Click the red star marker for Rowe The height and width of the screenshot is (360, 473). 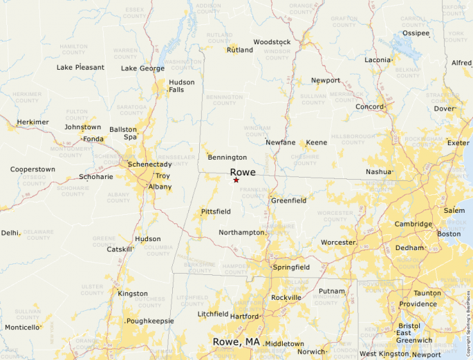236,180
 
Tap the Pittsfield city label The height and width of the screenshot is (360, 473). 215,211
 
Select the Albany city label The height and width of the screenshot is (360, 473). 160,187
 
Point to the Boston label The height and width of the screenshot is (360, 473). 449,234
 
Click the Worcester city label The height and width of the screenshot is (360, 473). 338,243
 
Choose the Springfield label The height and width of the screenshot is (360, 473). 291,267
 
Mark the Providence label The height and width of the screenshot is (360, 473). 418,304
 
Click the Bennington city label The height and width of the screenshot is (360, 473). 227,158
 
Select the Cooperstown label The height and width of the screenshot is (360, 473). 33,169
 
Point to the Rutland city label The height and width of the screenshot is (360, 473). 240,50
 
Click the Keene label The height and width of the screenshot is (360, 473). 316,142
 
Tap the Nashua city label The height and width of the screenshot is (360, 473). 378,171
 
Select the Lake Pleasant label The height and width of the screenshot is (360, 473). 80,67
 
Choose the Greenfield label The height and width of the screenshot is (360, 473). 288,200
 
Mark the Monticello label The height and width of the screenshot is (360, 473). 23,327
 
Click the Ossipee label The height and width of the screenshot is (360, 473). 416,32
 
